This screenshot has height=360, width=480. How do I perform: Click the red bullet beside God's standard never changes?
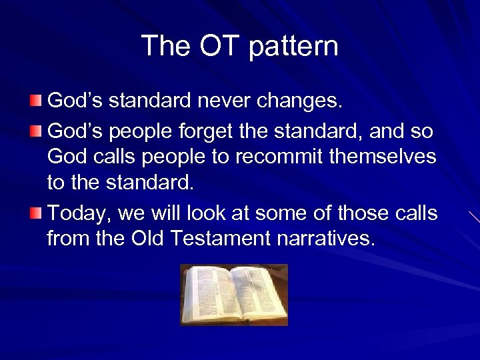coord(35,101)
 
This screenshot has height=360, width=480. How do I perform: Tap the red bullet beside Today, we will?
coord(35,214)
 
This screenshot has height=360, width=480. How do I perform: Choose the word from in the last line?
coord(68,238)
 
